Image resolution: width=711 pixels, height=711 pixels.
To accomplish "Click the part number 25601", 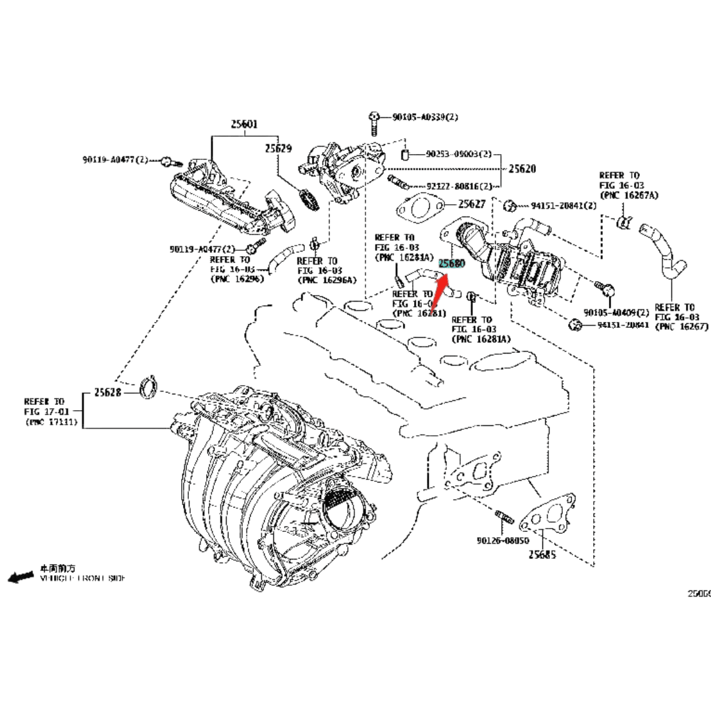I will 244,124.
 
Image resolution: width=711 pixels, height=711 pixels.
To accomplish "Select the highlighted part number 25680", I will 452,264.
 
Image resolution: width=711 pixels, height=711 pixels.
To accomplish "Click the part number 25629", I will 278,149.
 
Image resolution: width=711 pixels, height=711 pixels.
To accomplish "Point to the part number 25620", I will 522,169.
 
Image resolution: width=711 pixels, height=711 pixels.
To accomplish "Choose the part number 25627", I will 471,204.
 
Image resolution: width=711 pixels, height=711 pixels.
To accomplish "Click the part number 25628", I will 107,392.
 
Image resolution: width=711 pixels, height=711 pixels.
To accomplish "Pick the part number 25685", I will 542,554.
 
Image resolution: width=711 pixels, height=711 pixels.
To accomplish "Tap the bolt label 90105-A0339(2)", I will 425,117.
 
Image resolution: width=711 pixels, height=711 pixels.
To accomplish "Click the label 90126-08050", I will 503,540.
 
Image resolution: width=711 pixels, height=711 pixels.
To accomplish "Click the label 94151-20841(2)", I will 564,205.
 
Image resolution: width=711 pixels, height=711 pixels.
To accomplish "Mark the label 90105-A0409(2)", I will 616,311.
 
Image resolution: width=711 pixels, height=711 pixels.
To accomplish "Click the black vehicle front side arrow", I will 21,576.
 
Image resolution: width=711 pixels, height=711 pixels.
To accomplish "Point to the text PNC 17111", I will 54,422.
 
